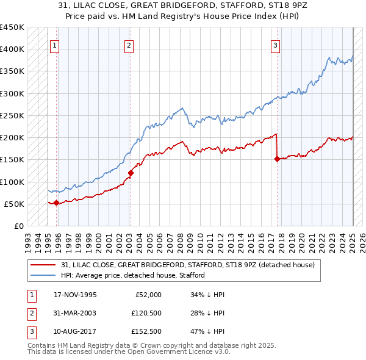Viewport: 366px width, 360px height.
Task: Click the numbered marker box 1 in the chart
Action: point(55,45)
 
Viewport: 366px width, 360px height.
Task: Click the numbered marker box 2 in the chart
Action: point(129,45)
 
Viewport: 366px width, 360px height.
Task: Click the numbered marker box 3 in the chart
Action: point(276,45)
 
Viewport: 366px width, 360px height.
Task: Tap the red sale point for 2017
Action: point(277,159)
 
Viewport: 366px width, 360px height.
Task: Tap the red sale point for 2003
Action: point(131,173)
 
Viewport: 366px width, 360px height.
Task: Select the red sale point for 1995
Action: point(56,203)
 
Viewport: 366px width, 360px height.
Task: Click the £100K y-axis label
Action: point(12,182)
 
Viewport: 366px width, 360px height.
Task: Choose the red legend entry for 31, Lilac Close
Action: point(187,265)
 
